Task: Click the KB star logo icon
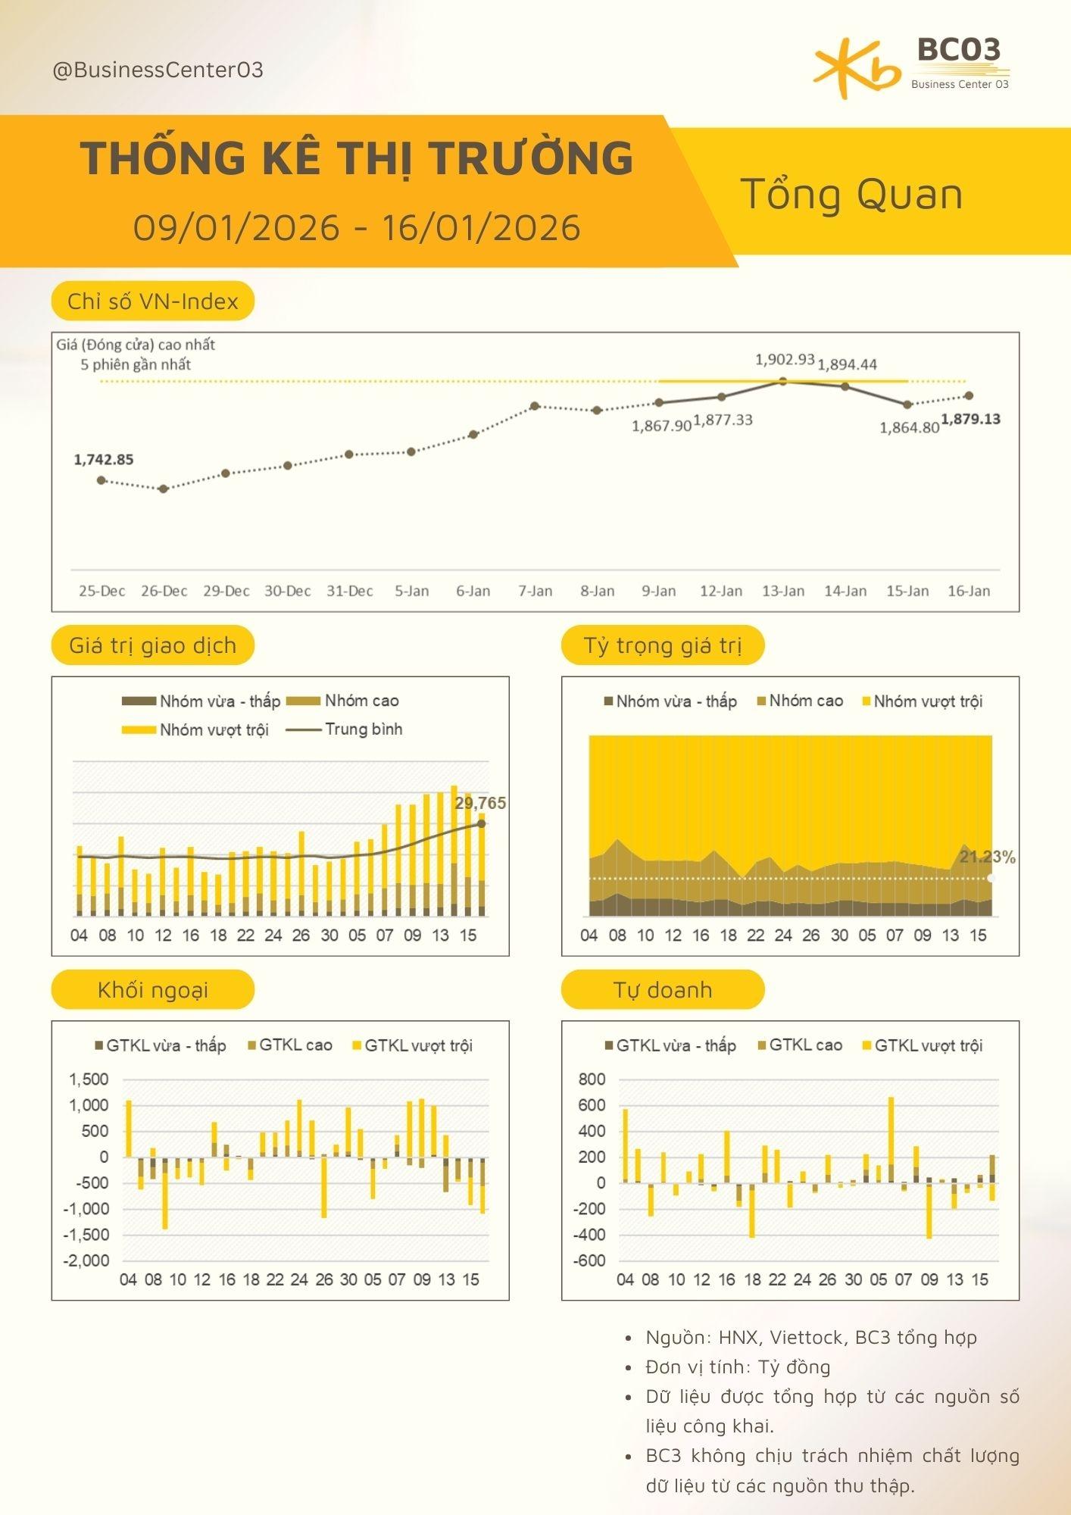tap(856, 70)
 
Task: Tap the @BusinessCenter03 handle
tap(158, 70)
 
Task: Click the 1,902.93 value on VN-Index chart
tap(785, 360)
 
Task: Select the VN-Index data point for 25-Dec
tap(101, 480)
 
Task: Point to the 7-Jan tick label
tap(535, 591)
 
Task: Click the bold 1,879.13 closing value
tap(970, 419)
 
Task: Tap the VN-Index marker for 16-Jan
tap(969, 395)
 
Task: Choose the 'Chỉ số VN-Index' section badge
tap(153, 301)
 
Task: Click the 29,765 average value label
tap(480, 803)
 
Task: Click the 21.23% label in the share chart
tap(987, 857)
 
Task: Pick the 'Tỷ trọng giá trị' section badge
tap(663, 645)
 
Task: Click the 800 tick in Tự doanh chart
tap(592, 1079)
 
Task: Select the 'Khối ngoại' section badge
tap(153, 990)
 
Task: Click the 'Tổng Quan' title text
tap(851, 194)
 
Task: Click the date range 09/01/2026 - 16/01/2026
tap(357, 227)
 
